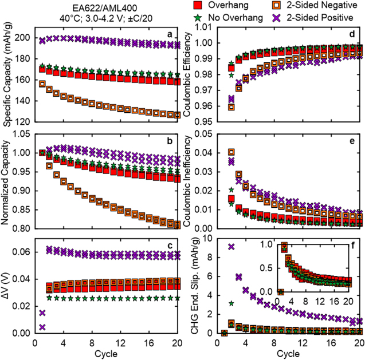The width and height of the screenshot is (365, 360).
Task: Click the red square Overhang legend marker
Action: (x=198, y=6)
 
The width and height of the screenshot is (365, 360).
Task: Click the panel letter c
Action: (x=170, y=247)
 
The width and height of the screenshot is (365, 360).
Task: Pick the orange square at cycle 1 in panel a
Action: (x=42, y=84)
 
